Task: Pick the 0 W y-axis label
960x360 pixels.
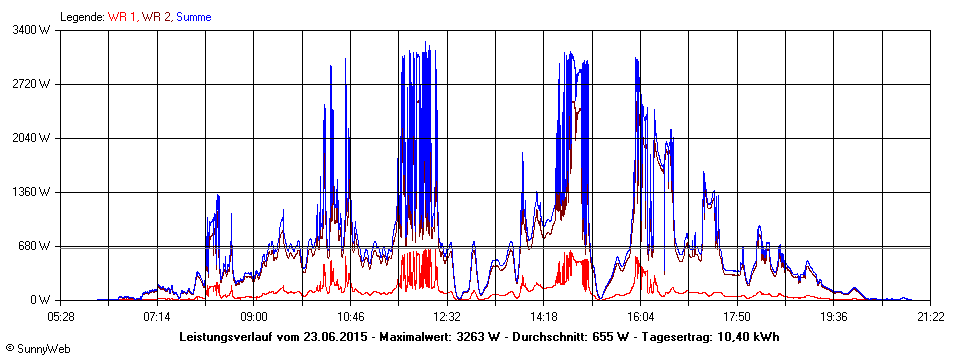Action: click(x=40, y=300)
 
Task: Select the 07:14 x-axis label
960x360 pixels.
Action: click(x=157, y=317)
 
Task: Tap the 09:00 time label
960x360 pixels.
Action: click(x=254, y=317)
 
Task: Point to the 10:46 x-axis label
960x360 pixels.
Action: click(x=351, y=317)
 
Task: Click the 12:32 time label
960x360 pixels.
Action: click(x=447, y=317)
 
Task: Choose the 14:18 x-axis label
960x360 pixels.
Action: click(x=544, y=317)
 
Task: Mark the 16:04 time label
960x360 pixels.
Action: click(x=641, y=317)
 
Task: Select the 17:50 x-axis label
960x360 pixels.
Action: click(x=737, y=317)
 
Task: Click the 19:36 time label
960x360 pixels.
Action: click(x=834, y=317)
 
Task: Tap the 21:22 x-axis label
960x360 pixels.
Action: click(x=930, y=317)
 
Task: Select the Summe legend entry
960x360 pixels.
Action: click(x=194, y=17)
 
